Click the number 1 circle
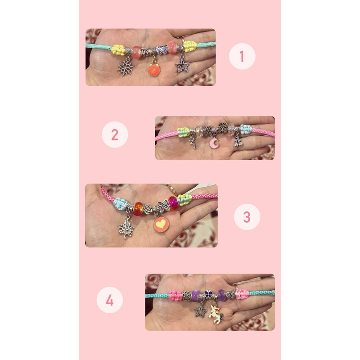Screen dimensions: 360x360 (242, 56)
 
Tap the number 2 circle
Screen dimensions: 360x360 (115, 135)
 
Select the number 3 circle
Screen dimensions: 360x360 (247, 216)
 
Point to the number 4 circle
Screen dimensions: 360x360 (110, 300)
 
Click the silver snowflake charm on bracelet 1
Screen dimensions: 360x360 (126, 67)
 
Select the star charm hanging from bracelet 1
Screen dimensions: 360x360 (182, 65)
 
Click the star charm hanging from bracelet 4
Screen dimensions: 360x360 (200, 310)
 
